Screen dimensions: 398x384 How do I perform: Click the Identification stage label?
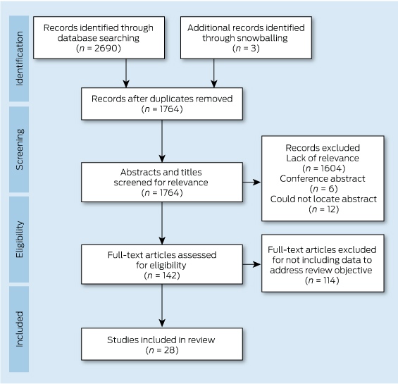(19, 58)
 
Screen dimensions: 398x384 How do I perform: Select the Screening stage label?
(19, 149)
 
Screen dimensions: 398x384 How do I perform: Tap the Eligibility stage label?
(19, 240)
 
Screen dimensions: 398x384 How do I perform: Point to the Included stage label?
(19, 329)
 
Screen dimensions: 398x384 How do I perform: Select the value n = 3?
(246, 48)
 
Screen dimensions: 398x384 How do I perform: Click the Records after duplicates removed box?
(162, 104)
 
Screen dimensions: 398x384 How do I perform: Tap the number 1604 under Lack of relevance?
(332, 168)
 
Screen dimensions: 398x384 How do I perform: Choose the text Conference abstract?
(323, 178)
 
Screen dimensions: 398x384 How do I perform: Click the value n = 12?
(323, 209)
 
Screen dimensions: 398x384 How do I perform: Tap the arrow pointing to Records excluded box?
(251, 182)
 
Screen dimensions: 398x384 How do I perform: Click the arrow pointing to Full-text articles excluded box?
(251, 264)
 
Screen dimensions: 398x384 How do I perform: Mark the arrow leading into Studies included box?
(162, 305)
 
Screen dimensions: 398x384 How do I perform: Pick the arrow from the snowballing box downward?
(214, 73)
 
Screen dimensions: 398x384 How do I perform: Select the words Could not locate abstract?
(323, 199)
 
